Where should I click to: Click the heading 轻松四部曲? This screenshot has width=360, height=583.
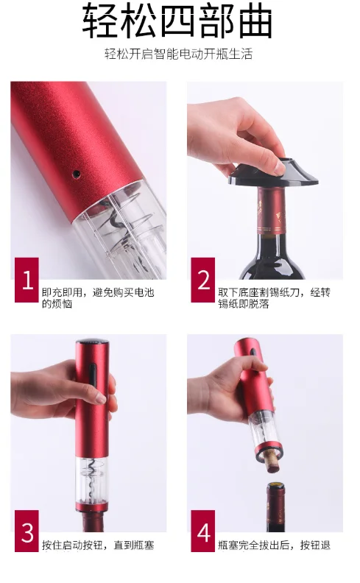coord(177,20)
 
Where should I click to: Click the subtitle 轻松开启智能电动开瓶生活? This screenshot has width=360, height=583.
coord(178,54)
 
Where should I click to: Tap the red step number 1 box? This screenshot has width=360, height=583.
coord(27,280)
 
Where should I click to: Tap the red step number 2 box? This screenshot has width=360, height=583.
coord(203,280)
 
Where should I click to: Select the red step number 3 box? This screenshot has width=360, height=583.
coord(27,531)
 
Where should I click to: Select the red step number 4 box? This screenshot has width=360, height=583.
coord(203,531)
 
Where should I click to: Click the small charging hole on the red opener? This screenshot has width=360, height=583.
coord(77,173)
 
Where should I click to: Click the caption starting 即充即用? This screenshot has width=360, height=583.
coord(98,298)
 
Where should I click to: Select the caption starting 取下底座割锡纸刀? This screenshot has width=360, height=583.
coord(274,298)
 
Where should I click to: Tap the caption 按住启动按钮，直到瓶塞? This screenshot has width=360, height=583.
coord(98,545)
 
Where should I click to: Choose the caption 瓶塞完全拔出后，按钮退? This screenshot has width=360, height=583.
coord(274,545)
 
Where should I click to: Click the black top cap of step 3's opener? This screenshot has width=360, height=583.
coord(92,342)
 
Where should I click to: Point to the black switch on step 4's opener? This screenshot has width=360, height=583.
coord(254,352)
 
